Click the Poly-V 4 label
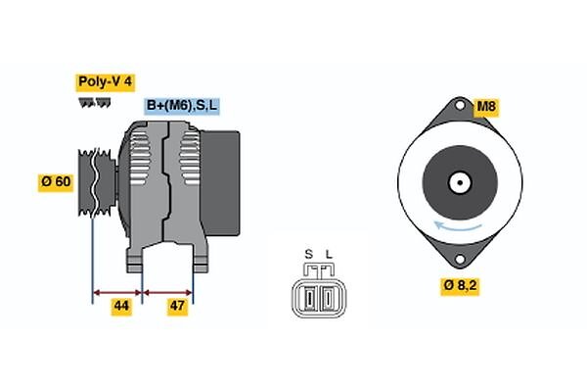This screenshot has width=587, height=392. click(x=106, y=81)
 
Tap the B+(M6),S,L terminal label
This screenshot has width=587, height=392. click(x=182, y=106)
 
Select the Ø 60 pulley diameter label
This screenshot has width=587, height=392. click(x=56, y=182)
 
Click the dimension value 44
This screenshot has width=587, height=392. click(x=121, y=306)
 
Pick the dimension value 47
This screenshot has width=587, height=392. click(x=177, y=306)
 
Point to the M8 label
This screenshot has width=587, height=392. click(x=486, y=107)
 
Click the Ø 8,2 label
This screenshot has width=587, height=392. click(x=460, y=286)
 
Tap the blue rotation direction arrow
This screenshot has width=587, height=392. click(x=458, y=226)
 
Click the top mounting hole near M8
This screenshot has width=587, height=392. click(x=460, y=106)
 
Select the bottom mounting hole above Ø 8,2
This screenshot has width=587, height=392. click(x=460, y=259)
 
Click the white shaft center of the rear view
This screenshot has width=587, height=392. click(x=460, y=182)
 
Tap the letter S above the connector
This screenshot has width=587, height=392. click(x=308, y=255)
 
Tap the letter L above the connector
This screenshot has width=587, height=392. click(x=329, y=255)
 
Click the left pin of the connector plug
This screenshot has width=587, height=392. click(x=308, y=298)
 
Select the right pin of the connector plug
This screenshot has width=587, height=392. click(x=329, y=298)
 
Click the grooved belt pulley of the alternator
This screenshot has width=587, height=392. click(x=97, y=182)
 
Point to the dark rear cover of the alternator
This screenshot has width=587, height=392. click(x=220, y=183)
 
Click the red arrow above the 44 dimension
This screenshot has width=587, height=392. click(x=117, y=293)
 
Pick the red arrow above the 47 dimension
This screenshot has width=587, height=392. click(x=167, y=293)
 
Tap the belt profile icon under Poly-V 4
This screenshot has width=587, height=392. click(x=94, y=103)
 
